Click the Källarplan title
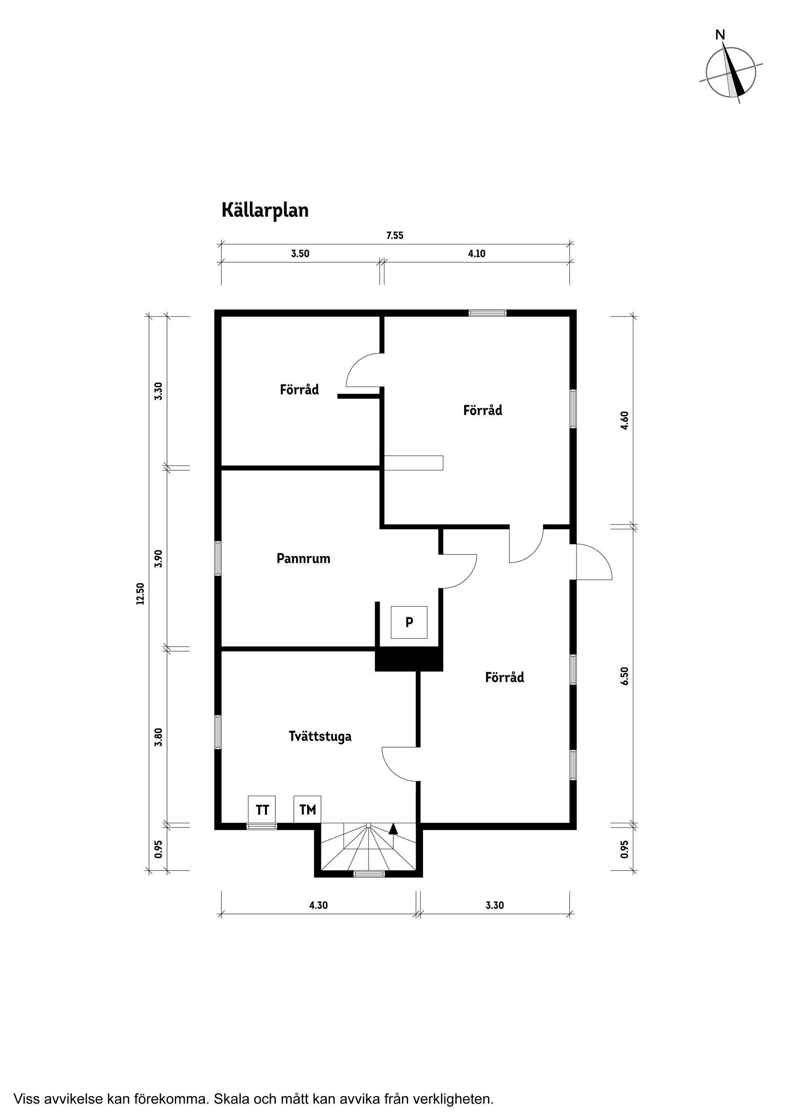265,211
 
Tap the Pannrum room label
303,558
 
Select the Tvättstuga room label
320,736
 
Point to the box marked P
409,622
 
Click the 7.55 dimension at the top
395,236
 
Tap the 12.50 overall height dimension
141,593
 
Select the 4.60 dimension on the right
625,420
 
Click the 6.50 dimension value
625,676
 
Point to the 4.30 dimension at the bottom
318,905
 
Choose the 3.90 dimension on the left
158,558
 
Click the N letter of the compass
720,35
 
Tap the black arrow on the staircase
393,829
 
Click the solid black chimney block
409,660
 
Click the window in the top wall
488,313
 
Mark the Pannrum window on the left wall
218,558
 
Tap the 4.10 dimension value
476,254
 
